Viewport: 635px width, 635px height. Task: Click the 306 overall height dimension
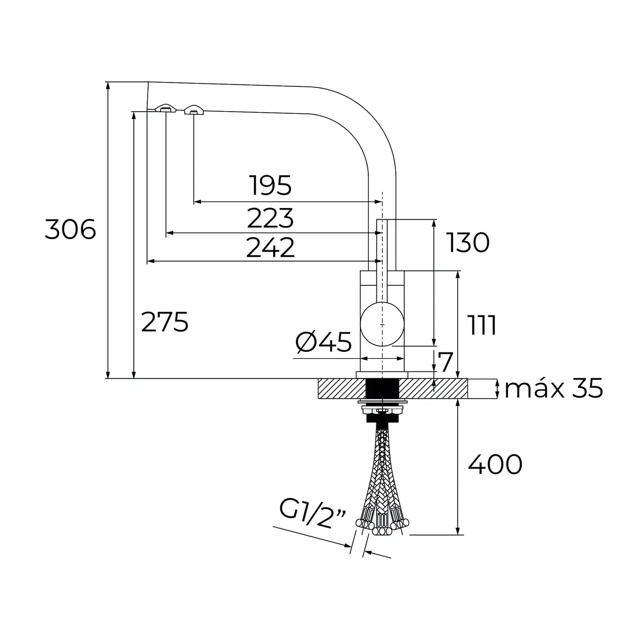[70, 229]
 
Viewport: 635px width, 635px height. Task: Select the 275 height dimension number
[165, 322]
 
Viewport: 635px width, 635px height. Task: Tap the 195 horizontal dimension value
[270, 185]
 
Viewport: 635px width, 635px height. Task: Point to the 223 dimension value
[270, 217]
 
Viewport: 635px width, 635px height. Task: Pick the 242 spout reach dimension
[270, 247]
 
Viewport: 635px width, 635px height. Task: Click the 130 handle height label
[468, 242]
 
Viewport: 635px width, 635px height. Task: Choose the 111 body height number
[482, 325]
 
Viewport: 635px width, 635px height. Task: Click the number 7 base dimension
[446, 361]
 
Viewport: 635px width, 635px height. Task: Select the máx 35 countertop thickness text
[554, 388]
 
